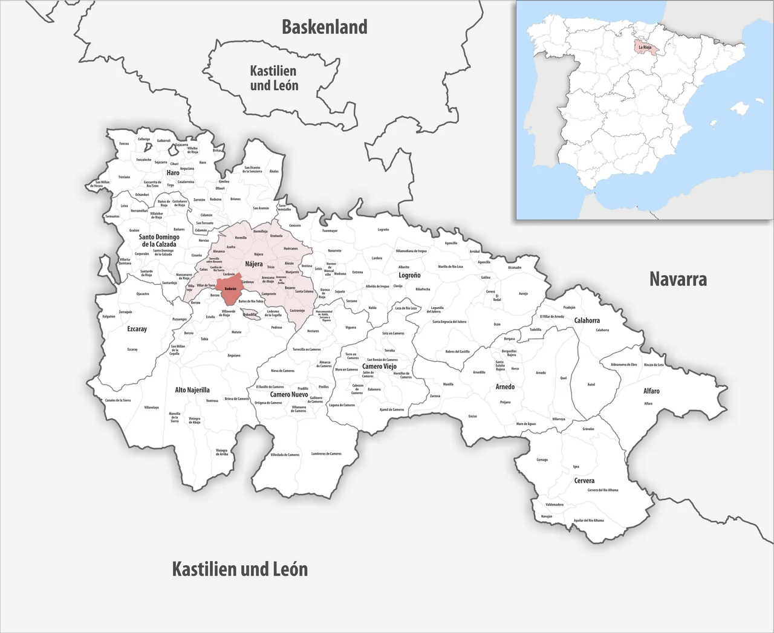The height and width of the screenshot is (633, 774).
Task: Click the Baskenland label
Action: click(x=325, y=27)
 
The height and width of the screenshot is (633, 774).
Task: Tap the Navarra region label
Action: click(x=678, y=279)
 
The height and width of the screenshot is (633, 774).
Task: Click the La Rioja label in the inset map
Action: click(x=645, y=47)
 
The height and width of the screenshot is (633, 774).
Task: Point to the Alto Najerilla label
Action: click(x=192, y=390)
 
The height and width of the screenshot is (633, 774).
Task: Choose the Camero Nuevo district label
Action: click(x=289, y=394)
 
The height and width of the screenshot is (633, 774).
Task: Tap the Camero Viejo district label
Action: click(x=379, y=366)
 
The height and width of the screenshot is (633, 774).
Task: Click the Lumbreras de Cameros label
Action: click(x=326, y=453)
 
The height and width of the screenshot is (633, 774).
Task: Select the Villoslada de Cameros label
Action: click(x=284, y=455)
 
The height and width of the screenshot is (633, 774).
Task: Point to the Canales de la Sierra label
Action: click(x=118, y=400)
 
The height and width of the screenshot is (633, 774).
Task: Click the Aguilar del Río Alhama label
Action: click(x=588, y=520)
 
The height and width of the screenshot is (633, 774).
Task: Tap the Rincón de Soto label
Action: click(x=654, y=365)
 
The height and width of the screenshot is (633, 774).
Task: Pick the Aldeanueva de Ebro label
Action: click(x=623, y=365)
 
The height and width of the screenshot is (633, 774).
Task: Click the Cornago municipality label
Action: click(x=542, y=459)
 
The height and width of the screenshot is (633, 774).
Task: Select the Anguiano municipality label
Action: click(x=233, y=355)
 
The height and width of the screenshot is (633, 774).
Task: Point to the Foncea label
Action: click(x=124, y=144)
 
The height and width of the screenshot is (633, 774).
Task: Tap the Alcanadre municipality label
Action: click(x=515, y=267)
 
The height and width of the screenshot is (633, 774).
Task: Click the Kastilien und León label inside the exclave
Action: click(x=274, y=79)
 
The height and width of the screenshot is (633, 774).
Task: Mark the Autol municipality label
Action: click(x=591, y=385)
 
